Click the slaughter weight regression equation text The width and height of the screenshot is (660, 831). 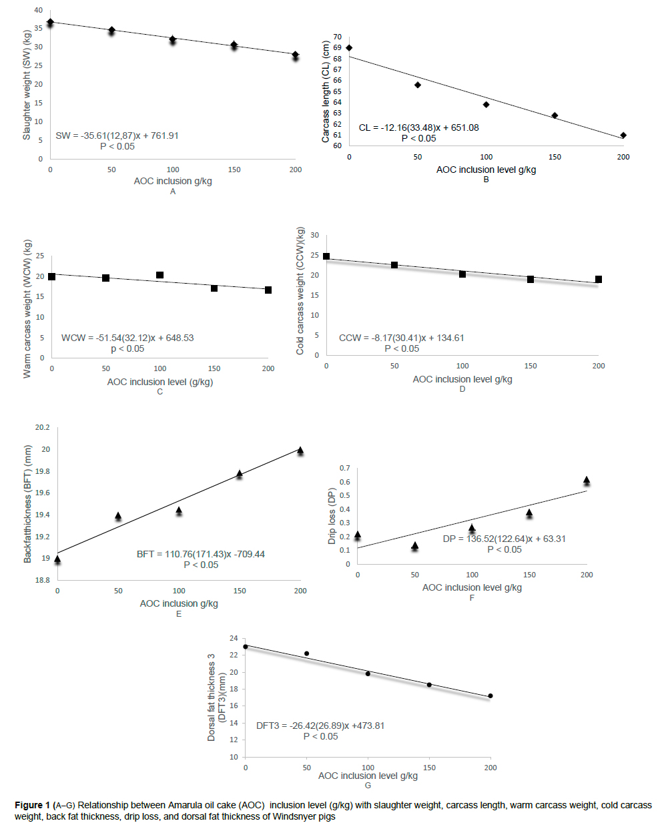pos(117,135)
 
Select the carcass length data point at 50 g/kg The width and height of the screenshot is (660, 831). pos(418,85)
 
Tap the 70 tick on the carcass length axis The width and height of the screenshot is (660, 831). pos(338,37)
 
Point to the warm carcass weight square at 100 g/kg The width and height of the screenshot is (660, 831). pos(160,275)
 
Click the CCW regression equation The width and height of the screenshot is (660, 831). pos(401,338)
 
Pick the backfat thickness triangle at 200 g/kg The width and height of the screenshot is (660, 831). pos(300,451)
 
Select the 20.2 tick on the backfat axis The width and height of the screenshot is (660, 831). pos(43,427)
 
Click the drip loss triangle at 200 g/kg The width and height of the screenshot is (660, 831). pos(587,480)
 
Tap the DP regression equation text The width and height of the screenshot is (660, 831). pos(504,539)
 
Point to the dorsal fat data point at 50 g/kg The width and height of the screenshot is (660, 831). pos(307,653)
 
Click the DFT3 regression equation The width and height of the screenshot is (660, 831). pos(320,726)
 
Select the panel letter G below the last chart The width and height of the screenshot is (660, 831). pos(368,786)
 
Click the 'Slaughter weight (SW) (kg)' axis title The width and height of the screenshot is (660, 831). pos(27,85)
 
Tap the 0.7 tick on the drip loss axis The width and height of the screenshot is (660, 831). pos(344,468)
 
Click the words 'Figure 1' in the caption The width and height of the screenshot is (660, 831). pos(32,805)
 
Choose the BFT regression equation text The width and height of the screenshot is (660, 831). pos(200,554)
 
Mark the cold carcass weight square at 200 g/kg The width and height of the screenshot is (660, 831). pos(599,279)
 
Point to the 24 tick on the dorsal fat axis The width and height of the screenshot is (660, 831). pos(234,638)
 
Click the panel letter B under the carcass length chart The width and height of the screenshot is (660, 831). pos(486,180)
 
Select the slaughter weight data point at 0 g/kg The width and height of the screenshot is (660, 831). pos(50,23)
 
